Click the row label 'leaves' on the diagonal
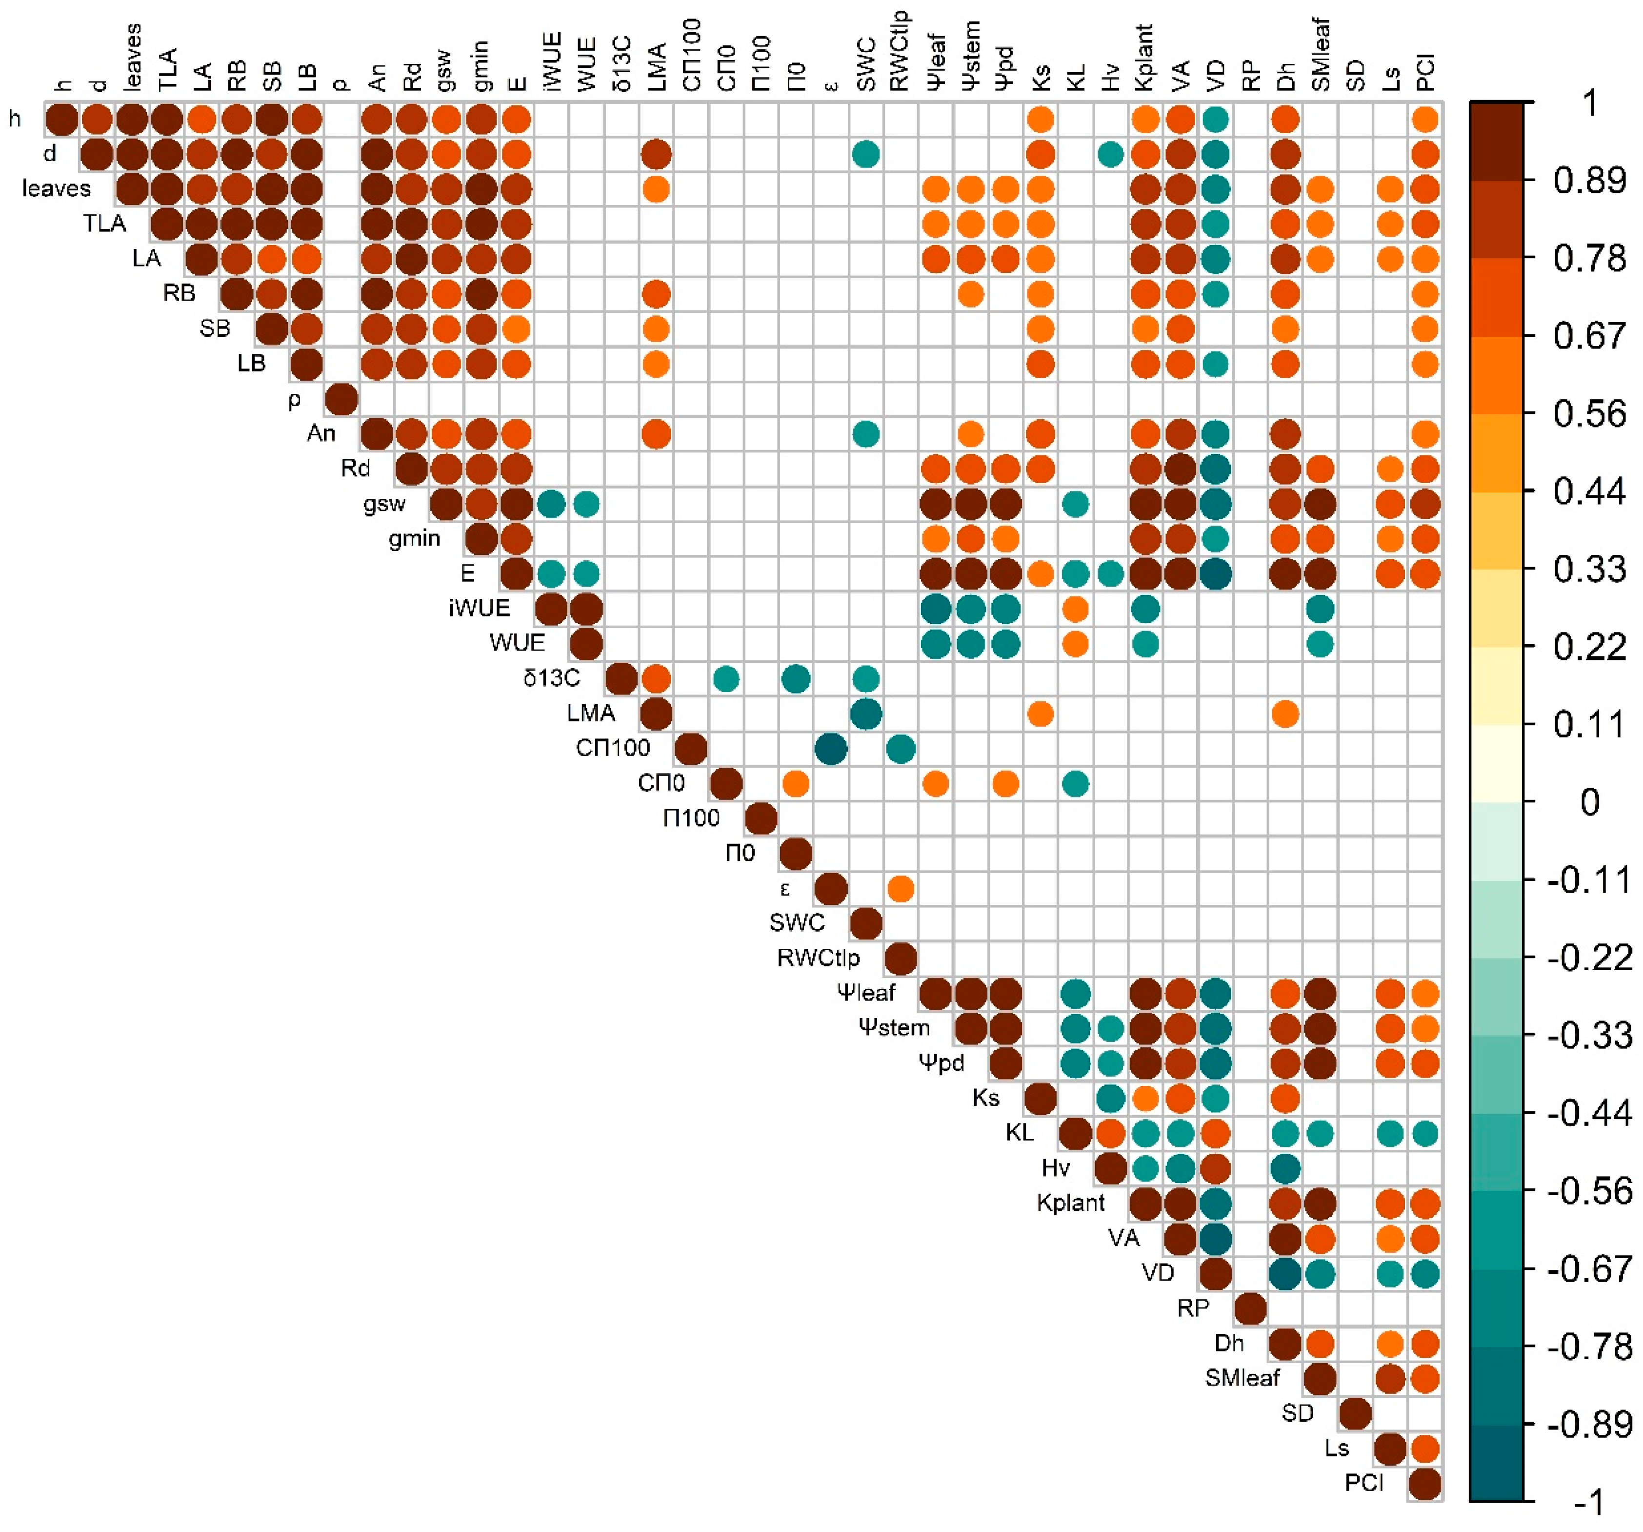click(x=56, y=188)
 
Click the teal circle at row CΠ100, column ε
click(x=831, y=750)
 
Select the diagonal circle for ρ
click(x=341, y=399)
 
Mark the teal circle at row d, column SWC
click(x=865, y=154)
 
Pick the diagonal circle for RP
click(x=1250, y=1309)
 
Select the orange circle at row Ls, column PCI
click(x=1425, y=1449)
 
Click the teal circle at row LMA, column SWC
click(x=865, y=714)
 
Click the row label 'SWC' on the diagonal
click(x=797, y=923)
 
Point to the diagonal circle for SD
click(x=1355, y=1414)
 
